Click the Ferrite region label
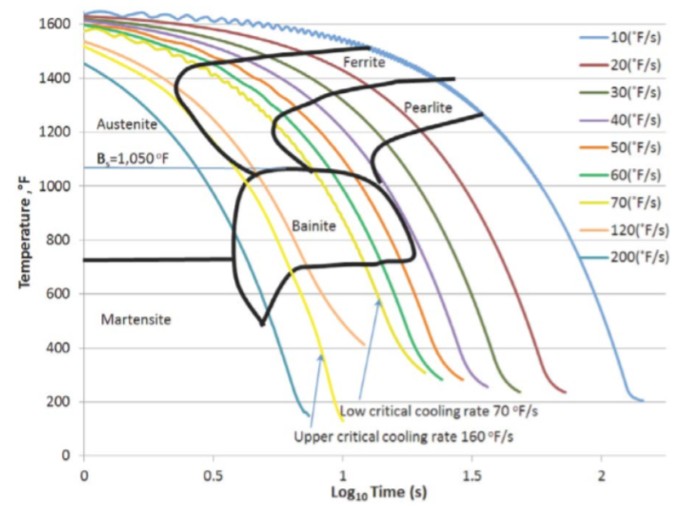pyautogui.click(x=363, y=62)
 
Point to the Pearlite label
pyautogui.click(x=427, y=107)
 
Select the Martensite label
pyautogui.click(x=136, y=319)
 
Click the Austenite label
pyautogui.click(x=126, y=124)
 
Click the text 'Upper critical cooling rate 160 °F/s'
pyautogui.click(x=405, y=437)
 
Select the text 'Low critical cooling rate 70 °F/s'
pyautogui.click(x=441, y=411)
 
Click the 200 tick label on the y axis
pyautogui.click(x=61, y=402)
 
